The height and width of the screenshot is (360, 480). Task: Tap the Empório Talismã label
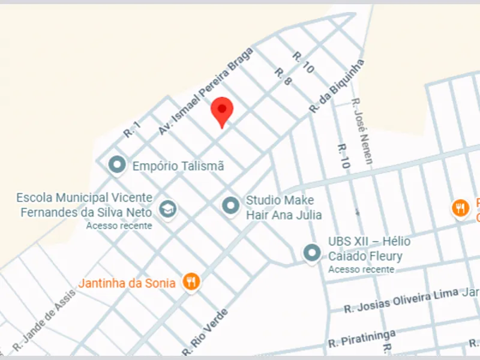[x=178, y=166]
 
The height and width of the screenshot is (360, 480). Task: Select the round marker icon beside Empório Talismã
[x=117, y=164]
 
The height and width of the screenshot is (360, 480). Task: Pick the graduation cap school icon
[x=168, y=209]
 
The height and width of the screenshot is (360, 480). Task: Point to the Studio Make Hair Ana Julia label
[x=284, y=208]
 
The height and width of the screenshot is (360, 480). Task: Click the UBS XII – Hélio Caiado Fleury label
[x=368, y=249]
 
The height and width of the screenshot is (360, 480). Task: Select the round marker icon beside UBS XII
[x=311, y=253]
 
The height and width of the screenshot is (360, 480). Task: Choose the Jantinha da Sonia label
[x=127, y=283]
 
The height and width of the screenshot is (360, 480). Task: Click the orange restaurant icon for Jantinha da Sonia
[x=191, y=281]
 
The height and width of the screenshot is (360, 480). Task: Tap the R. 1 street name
[x=131, y=129]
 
